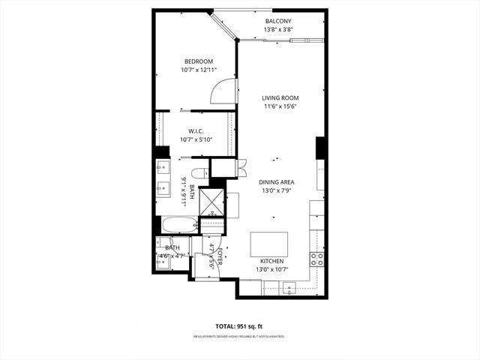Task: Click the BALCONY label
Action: tap(277, 21)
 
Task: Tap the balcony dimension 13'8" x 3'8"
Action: tap(277, 30)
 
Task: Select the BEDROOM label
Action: tap(199, 61)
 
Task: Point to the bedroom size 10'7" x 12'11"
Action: tap(199, 70)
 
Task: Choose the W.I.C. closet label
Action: tap(196, 130)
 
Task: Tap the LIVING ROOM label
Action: tap(280, 97)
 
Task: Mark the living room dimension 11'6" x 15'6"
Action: tap(280, 106)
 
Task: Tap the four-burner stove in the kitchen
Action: tap(317, 259)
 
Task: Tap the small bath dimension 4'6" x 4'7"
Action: tap(172, 256)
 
